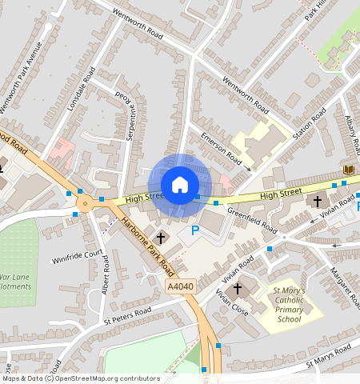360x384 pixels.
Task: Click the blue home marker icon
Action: point(180,185)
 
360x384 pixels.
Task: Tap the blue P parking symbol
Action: point(194,231)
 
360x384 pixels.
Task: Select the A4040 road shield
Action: point(180,286)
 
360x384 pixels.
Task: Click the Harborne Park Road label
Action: point(145,241)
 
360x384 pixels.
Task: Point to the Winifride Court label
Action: point(78,257)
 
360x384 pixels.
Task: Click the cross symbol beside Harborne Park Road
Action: point(161,238)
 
